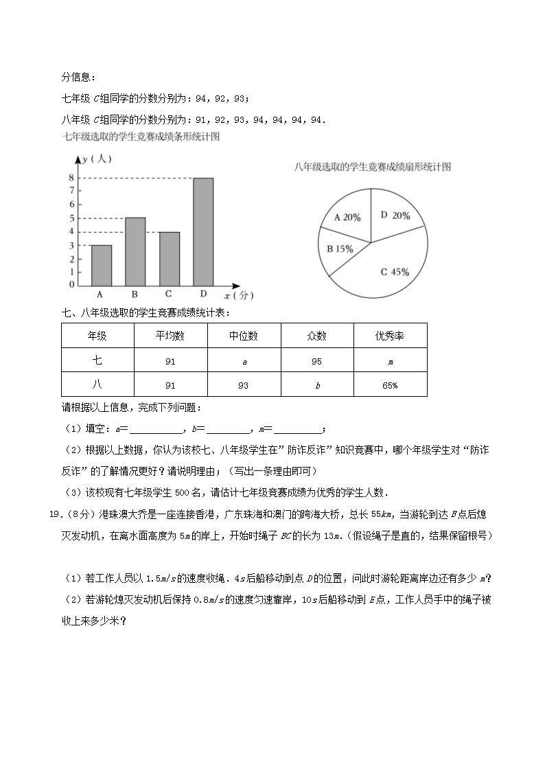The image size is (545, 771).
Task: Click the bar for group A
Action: (x=101, y=265)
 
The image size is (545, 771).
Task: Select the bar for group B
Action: (x=135, y=251)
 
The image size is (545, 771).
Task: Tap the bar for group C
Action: (x=169, y=259)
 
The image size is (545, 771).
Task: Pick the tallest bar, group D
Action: (x=203, y=231)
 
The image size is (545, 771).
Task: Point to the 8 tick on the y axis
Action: (x=71, y=178)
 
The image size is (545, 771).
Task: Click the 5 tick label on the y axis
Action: (x=71, y=218)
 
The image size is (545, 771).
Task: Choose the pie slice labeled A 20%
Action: (x=346, y=218)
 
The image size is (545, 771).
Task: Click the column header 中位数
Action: (x=243, y=336)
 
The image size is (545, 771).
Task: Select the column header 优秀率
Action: (x=389, y=336)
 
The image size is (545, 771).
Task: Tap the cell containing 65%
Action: (x=389, y=385)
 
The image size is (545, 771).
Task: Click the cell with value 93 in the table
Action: (x=243, y=385)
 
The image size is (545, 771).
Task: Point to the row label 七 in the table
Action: (x=97, y=360)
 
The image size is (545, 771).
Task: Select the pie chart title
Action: (x=371, y=167)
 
